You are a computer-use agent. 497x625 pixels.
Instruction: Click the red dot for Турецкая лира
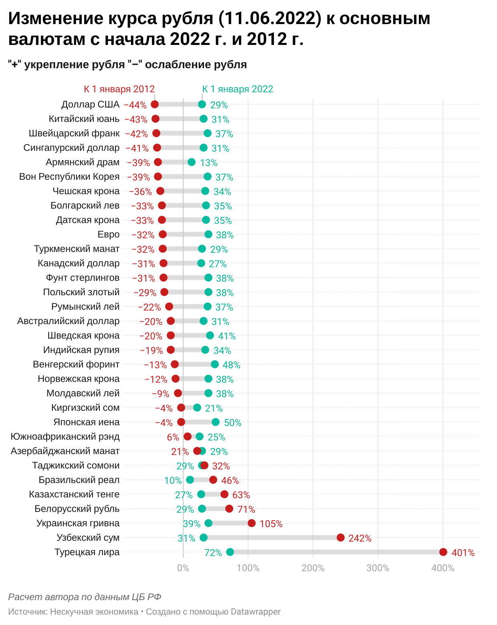coord(443,552)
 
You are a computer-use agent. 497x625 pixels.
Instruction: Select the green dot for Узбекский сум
coord(204,538)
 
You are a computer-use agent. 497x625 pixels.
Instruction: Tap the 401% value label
coord(463,553)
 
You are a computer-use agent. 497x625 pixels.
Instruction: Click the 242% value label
coord(360,538)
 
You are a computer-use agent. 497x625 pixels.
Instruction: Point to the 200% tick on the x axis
coord(313,568)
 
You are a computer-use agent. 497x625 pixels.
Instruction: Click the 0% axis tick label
coord(183,568)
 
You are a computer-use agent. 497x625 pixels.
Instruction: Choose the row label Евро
coord(108,234)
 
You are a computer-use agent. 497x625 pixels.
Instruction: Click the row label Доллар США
coord(90,104)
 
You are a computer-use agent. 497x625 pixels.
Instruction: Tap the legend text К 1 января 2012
coord(119,89)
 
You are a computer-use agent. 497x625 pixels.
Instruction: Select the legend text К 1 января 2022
coord(238,89)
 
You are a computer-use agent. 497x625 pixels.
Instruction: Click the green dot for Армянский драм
coord(192,162)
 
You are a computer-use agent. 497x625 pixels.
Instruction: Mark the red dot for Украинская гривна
coord(251,523)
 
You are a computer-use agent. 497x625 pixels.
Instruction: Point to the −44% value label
coord(135,105)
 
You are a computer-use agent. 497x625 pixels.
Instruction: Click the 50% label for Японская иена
coord(232,423)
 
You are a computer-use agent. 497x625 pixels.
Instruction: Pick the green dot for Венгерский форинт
coord(214,364)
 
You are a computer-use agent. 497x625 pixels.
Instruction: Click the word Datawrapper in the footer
coord(255,612)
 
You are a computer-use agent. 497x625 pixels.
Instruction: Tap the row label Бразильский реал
coord(79,480)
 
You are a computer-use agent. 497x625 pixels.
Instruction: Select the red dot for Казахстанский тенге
coord(224,494)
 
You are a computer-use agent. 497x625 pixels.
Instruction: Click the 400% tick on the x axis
coord(442,568)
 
